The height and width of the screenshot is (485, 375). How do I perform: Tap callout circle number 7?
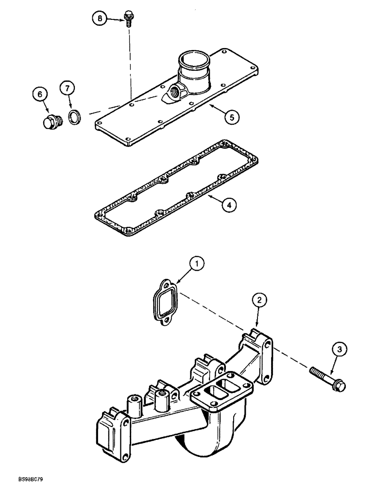[x=67, y=88]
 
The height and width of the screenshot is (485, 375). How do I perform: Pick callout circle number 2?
[x=259, y=301]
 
